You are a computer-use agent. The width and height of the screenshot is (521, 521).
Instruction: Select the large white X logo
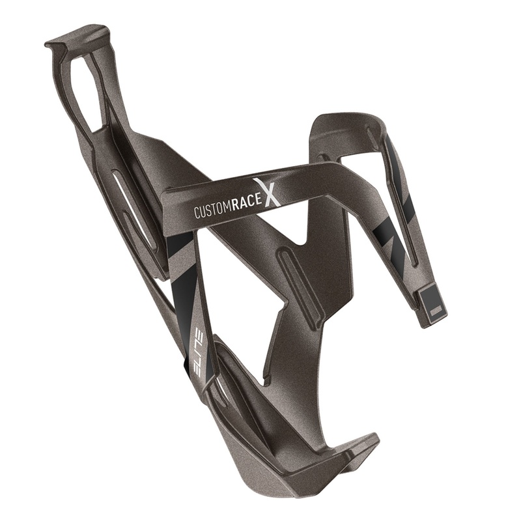coord(268,193)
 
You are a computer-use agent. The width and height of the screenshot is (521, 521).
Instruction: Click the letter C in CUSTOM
coord(197,214)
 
